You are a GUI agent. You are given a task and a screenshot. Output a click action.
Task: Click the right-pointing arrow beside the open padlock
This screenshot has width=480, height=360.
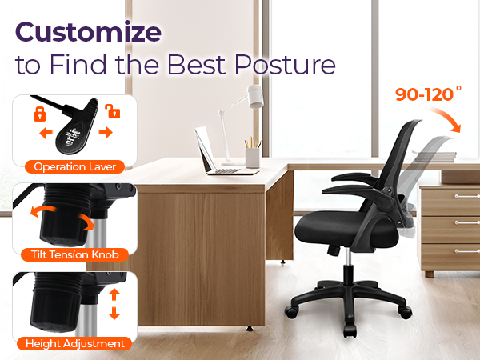[105, 132]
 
